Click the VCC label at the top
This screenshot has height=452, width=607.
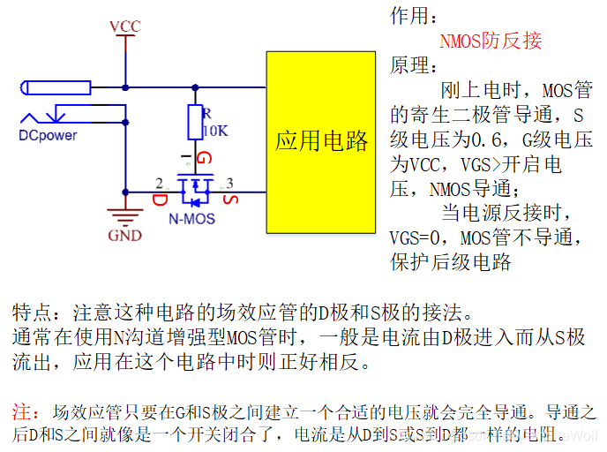pyautogui.click(x=125, y=26)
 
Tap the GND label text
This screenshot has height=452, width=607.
pyautogui.click(x=124, y=236)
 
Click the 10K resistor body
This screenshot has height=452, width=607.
pyautogui.click(x=195, y=123)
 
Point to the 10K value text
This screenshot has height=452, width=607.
pyautogui.click(x=216, y=131)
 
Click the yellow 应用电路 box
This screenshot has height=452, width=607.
pyautogui.click(x=321, y=141)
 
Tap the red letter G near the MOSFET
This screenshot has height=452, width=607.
pyautogui.click(x=205, y=160)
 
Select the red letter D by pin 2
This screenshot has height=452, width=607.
pyautogui.click(x=160, y=200)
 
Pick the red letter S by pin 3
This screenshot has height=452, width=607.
pyautogui.click(x=230, y=199)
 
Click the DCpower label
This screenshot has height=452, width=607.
pyautogui.click(x=48, y=135)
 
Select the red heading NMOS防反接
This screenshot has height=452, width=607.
pyautogui.click(x=491, y=41)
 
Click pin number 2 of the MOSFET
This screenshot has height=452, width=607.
pyautogui.click(x=159, y=183)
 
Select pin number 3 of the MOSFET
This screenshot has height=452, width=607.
pyautogui.click(x=230, y=183)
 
